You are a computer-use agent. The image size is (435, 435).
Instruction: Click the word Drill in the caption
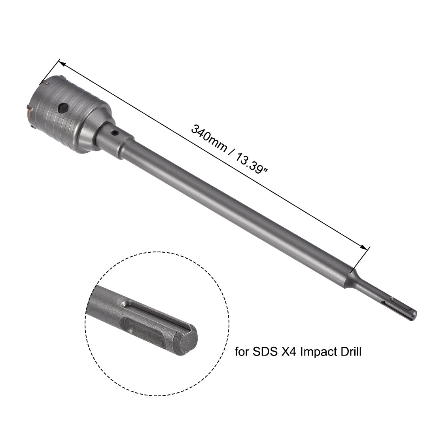click(350, 351)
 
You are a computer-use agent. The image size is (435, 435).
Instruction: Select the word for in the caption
click(243, 351)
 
